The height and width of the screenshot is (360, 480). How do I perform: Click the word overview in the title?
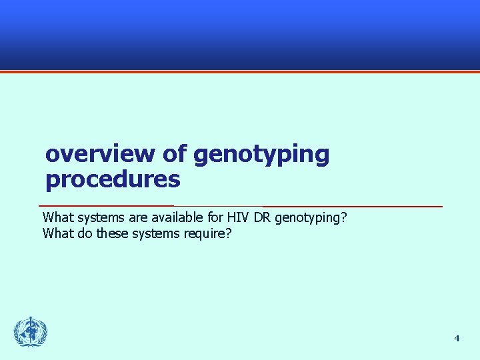point(99,154)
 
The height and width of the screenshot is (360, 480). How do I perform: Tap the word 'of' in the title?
point(175,154)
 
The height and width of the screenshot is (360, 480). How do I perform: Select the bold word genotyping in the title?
point(261,155)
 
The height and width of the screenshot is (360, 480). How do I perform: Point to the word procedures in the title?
point(113,179)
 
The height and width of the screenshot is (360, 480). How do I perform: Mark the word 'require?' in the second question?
point(208,234)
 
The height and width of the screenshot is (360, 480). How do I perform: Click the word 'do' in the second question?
point(83,234)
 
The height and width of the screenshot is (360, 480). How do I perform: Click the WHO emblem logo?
point(31,331)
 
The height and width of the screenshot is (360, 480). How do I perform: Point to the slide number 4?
point(457,339)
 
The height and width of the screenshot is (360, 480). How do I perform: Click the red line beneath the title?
point(240,206)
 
